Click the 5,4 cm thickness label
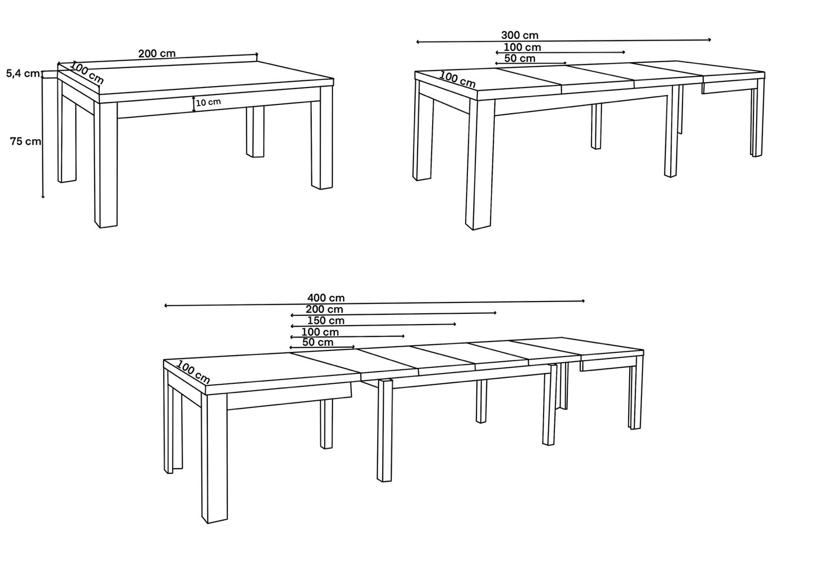tap(23, 74)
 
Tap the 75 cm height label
tap(25, 141)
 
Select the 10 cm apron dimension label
tap(208, 102)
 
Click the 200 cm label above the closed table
tap(157, 54)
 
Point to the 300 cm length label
tap(520, 35)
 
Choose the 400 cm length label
tap(326, 298)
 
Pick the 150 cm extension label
tap(326, 321)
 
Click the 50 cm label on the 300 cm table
tap(520, 59)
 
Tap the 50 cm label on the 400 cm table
tap(318, 343)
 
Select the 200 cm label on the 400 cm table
tap(325, 310)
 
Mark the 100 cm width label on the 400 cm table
tap(193, 372)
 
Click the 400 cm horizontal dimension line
tap(374, 303)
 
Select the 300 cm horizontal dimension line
tap(564, 41)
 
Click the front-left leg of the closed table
tap(106, 165)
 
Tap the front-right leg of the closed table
tap(322, 138)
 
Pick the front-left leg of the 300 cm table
tap(479, 164)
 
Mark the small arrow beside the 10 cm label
tap(193, 104)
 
